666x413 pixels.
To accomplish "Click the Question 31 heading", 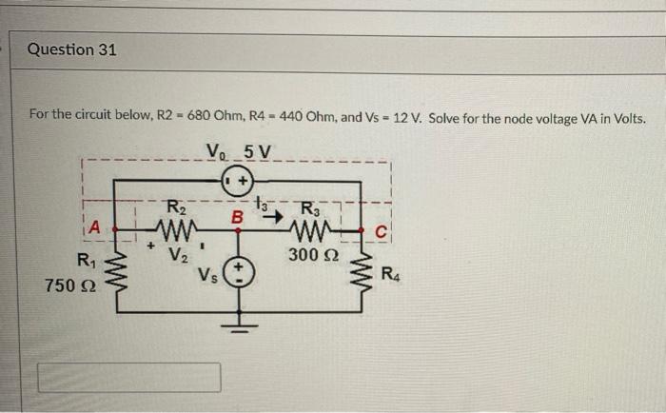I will click(72, 49).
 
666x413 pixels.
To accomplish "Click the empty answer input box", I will click(129, 378).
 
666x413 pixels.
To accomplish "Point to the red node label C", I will click(379, 228).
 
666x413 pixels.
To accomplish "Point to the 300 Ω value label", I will click(310, 254).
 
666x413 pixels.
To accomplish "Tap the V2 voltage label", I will click(177, 254).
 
